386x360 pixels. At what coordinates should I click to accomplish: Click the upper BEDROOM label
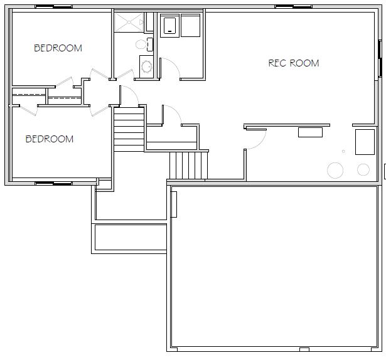[58, 48]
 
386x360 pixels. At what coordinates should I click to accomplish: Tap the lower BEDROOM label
[50, 139]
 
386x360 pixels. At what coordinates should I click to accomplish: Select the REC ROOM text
[294, 63]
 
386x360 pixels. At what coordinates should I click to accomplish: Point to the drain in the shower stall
[129, 22]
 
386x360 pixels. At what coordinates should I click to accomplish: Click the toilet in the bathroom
[144, 45]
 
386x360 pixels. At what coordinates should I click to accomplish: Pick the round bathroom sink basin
[147, 66]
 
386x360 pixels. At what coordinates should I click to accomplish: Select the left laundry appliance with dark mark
[169, 26]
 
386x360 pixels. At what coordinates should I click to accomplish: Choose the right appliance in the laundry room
[190, 25]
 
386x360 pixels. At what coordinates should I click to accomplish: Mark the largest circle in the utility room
[335, 171]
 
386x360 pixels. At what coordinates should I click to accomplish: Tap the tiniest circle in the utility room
[343, 151]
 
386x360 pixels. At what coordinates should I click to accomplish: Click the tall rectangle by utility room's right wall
[365, 142]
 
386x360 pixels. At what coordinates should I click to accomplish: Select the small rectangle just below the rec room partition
[310, 132]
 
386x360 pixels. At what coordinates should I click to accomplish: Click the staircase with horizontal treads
[129, 129]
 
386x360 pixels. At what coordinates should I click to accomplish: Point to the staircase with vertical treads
[188, 166]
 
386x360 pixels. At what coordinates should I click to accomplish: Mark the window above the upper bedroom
[54, 6]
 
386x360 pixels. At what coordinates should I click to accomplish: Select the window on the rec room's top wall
[294, 6]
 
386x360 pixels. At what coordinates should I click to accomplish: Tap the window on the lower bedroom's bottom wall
[54, 184]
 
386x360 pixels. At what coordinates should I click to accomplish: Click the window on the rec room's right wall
[380, 58]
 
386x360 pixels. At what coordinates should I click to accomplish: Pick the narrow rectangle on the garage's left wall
[174, 204]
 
